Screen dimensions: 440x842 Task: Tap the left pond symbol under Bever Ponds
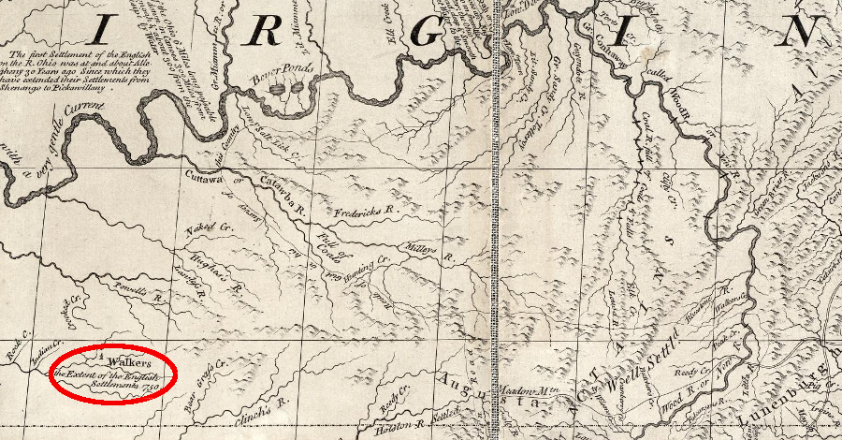(278, 90)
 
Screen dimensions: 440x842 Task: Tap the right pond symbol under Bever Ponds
(298, 90)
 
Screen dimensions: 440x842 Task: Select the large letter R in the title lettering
(266, 34)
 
